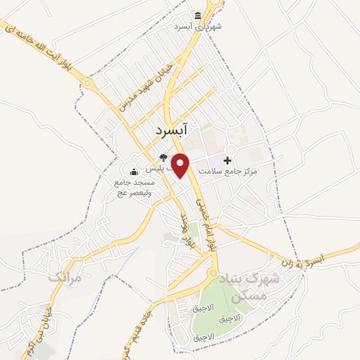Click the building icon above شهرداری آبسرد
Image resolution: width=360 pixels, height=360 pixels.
pos(198,15)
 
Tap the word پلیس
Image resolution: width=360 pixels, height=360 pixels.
pos(155,169)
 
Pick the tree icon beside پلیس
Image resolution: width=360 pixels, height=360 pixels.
pos(163,157)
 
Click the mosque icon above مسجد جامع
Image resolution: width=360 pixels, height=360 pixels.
pos(134,172)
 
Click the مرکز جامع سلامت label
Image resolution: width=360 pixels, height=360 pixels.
pos(229,171)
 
